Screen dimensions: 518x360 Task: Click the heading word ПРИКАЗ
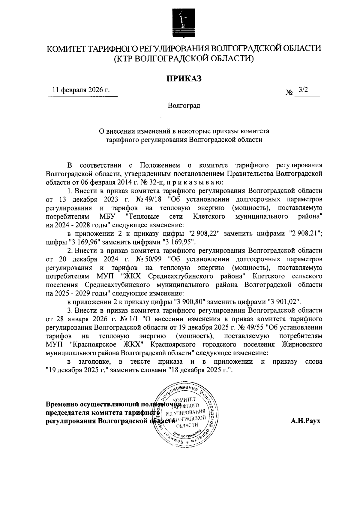point(183,78)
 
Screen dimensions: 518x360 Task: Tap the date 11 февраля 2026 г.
point(81,90)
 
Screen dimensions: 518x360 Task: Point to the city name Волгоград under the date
point(184,106)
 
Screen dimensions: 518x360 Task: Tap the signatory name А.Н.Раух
point(305,421)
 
